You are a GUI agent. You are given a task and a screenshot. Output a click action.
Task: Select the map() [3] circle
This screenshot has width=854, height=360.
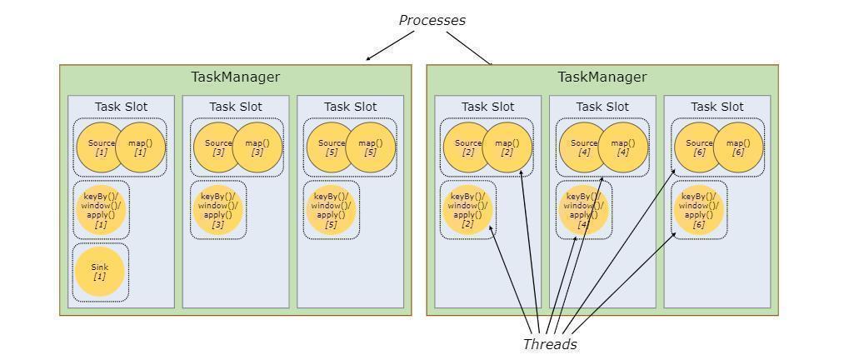pyautogui.click(x=257, y=147)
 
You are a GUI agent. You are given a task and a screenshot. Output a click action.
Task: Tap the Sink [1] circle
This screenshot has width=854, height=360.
pyautogui.click(x=99, y=272)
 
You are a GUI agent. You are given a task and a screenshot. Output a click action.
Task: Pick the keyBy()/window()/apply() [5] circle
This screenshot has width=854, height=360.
pyautogui.click(x=331, y=210)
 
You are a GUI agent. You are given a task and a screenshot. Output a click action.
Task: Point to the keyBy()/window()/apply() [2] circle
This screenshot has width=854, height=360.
pyautogui.click(x=467, y=210)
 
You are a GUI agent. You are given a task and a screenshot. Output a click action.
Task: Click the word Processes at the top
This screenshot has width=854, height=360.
pyautogui.click(x=432, y=20)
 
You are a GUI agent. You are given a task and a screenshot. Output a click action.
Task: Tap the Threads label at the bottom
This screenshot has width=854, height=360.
pyautogui.click(x=550, y=344)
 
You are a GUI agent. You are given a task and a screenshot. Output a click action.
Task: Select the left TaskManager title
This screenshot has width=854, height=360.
pyautogui.click(x=236, y=77)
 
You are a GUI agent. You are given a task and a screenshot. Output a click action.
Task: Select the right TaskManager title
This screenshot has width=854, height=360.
pyautogui.click(x=602, y=77)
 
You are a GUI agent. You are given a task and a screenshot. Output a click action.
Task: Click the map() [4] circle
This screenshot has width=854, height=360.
pyautogui.click(x=623, y=147)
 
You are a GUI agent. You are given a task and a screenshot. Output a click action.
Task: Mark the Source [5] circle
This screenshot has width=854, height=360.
pyautogui.click(x=330, y=147)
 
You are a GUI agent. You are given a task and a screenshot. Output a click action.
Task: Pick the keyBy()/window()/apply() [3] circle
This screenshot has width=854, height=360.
pyautogui.click(x=218, y=210)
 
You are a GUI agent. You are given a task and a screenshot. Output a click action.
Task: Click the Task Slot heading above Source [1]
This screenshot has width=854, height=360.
pyautogui.click(x=121, y=107)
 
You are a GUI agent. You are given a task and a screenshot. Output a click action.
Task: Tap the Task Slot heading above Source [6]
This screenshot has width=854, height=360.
pyautogui.click(x=717, y=107)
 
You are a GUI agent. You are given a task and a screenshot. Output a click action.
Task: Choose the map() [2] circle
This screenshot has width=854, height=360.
pyautogui.click(x=507, y=147)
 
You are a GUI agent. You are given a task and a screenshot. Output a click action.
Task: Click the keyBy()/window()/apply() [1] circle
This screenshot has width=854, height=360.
pyautogui.click(x=101, y=210)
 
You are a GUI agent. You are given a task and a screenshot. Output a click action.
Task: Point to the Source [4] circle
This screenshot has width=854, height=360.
pyautogui.click(x=582, y=147)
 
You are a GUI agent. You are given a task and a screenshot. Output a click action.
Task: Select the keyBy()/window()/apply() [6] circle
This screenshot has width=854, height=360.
pyautogui.click(x=698, y=210)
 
